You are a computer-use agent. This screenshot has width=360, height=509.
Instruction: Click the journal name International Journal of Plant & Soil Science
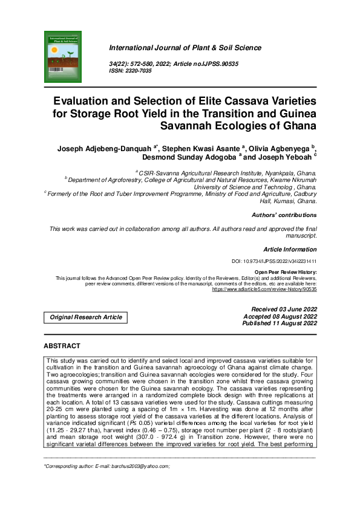(x=185, y=48)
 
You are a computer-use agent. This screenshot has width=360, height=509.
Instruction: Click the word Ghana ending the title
(x=295, y=126)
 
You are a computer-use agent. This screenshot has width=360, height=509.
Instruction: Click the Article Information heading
(x=290, y=249)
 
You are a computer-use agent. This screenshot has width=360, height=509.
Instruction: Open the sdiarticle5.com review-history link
(x=264, y=290)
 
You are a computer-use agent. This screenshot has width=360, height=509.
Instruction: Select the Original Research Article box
(x=86, y=317)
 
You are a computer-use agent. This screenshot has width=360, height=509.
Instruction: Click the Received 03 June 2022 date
(x=280, y=310)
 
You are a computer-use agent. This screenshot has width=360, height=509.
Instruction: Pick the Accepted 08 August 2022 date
(x=280, y=316)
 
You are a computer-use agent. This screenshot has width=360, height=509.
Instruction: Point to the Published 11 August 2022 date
(x=280, y=323)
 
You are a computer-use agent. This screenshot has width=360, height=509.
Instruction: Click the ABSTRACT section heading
(x=62, y=346)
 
